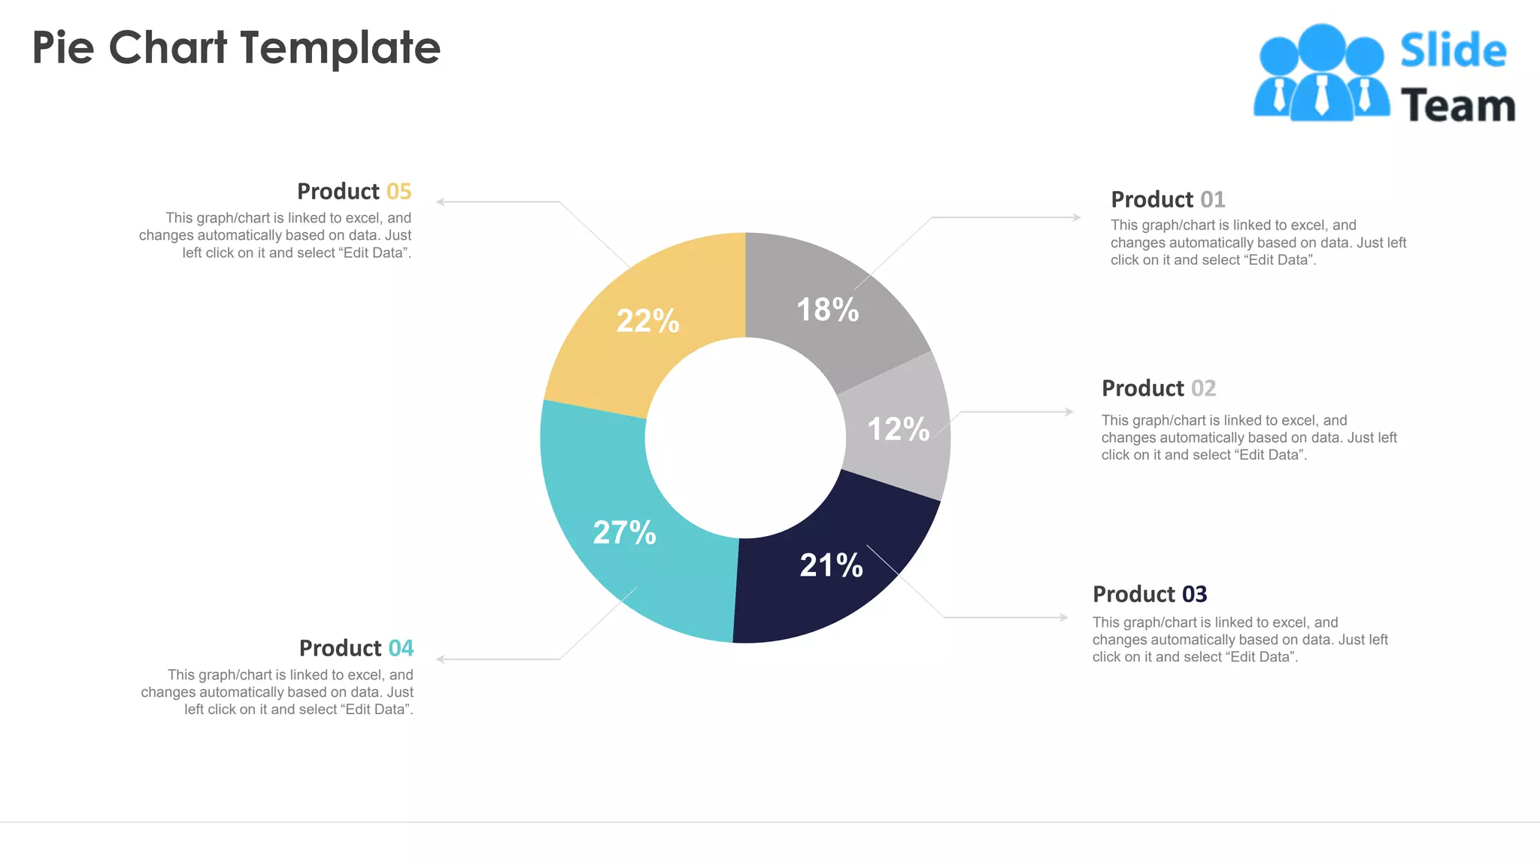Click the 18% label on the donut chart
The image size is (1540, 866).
click(x=827, y=310)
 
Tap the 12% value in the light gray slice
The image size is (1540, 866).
click(x=898, y=429)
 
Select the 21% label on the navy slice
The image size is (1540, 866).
click(x=831, y=565)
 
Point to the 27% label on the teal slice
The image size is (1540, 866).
click(x=624, y=532)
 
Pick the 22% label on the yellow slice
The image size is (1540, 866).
click(x=647, y=321)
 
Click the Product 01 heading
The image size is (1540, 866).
click(x=1167, y=199)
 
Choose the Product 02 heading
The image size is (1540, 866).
click(x=1158, y=388)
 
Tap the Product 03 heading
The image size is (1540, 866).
click(x=1149, y=594)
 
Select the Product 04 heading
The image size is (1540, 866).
click(x=356, y=648)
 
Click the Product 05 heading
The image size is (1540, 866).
click(x=353, y=191)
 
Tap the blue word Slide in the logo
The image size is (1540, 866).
click(x=1453, y=51)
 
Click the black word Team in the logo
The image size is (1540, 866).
click(x=1457, y=106)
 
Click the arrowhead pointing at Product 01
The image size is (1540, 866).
click(x=1077, y=217)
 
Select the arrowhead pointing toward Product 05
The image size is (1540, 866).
click(x=441, y=201)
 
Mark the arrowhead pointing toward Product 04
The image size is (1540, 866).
click(x=441, y=659)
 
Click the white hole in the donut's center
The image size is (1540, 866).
click(x=745, y=438)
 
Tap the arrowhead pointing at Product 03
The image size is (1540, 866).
click(x=1064, y=617)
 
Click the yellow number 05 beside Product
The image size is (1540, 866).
click(x=399, y=191)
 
